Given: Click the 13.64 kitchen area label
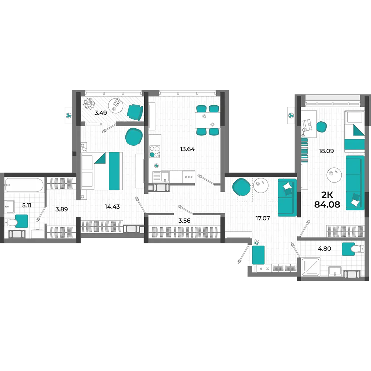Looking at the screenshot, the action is (187, 149).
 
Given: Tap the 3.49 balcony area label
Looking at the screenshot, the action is (101, 113).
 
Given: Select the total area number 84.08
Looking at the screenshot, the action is (327, 204).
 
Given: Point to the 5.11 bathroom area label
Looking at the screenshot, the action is (26, 205).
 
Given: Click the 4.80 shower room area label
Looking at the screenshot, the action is (324, 249).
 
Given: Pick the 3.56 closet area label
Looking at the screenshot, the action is (184, 220).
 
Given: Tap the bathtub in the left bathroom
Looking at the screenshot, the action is (24, 185).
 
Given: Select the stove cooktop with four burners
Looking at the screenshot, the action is (155, 152).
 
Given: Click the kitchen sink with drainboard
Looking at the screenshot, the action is (161, 177).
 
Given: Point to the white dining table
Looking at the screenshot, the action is (207, 120).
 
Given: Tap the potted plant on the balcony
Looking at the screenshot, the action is (89, 104).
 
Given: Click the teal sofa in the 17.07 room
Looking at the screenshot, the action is (287, 197).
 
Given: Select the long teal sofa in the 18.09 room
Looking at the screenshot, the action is (355, 183).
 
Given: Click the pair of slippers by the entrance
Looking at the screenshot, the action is (257, 242).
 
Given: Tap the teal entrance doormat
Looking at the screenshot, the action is (258, 255).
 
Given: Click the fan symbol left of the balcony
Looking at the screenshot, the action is (68, 115).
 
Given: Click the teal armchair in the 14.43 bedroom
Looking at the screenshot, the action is (134, 137).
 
